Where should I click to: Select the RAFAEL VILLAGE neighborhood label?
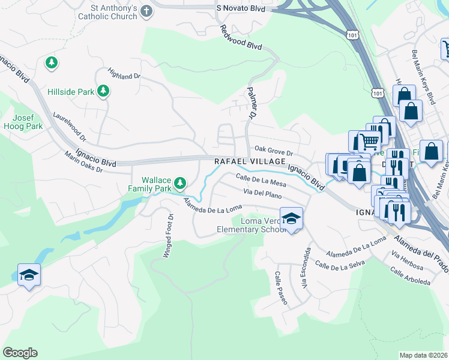250,162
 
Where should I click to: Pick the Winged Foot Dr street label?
169,236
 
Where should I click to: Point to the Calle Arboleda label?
410,277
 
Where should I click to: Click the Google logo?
20,353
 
